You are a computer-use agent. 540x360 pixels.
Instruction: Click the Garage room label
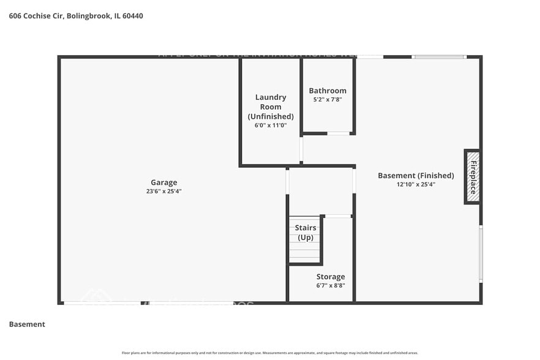[x=163, y=182]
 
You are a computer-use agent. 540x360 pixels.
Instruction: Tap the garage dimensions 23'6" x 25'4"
[x=163, y=191]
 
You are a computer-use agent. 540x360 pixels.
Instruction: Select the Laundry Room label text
[x=270, y=107]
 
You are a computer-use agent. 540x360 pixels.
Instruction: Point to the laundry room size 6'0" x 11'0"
[x=270, y=125]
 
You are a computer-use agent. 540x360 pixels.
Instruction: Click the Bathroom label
[x=328, y=91]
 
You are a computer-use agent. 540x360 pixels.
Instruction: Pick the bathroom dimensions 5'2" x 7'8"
[x=328, y=100]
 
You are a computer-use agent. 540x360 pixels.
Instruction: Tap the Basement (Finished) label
[x=416, y=175]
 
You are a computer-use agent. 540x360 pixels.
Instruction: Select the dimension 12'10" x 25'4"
[x=416, y=184]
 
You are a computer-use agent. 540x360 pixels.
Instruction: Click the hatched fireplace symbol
[x=472, y=176]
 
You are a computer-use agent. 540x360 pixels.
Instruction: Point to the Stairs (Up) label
[x=305, y=233]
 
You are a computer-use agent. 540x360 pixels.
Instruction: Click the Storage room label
[x=330, y=277]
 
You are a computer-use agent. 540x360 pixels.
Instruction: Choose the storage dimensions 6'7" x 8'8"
[x=330, y=286]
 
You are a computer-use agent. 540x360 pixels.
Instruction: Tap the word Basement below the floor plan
[x=27, y=324]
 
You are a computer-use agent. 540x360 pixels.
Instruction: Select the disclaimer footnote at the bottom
[x=269, y=353]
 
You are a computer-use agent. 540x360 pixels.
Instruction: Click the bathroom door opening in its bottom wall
[x=339, y=133]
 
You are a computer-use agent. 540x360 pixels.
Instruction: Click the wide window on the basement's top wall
[x=439, y=57]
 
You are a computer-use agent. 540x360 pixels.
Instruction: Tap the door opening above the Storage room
[x=337, y=216]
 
